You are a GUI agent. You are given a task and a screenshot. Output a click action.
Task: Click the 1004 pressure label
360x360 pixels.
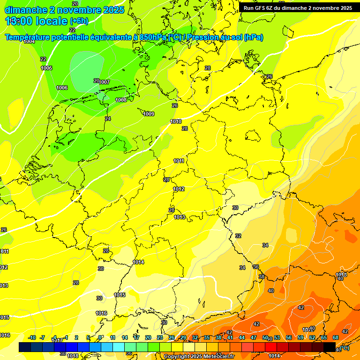click(x=30, y=41)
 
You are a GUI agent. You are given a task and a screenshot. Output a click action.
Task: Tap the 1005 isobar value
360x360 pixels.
click(x=46, y=68)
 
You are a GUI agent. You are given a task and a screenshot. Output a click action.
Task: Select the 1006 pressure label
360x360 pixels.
click(x=62, y=88)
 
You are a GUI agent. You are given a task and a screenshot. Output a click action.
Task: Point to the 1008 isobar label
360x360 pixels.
click(x=121, y=100)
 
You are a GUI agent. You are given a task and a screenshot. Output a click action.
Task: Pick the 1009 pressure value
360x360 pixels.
click(x=149, y=114)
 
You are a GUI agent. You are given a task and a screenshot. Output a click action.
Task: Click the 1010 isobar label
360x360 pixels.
click(x=176, y=121)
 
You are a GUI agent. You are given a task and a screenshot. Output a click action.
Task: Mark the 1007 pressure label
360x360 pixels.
click(x=104, y=82)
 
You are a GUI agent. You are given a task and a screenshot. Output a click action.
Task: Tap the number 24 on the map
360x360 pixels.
click(x=108, y=119)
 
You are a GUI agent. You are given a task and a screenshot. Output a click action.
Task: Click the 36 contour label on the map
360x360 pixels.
click(x=255, y=267)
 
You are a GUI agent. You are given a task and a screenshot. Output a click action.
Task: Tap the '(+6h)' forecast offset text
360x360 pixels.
click(x=79, y=21)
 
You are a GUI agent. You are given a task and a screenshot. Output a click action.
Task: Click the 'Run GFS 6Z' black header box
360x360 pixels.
click(x=298, y=8)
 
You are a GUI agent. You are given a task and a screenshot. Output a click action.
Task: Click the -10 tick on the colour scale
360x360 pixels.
click(x=32, y=337)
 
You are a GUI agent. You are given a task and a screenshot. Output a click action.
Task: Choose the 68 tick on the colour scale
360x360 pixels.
click(x=336, y=337)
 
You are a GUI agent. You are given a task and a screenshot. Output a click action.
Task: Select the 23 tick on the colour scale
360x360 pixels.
click(x=160, y=337)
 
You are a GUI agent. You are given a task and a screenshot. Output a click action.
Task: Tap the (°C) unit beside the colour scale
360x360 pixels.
click(x=344, y=347)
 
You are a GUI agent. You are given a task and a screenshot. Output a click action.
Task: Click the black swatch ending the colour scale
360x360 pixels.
click(x=330, y=347)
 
